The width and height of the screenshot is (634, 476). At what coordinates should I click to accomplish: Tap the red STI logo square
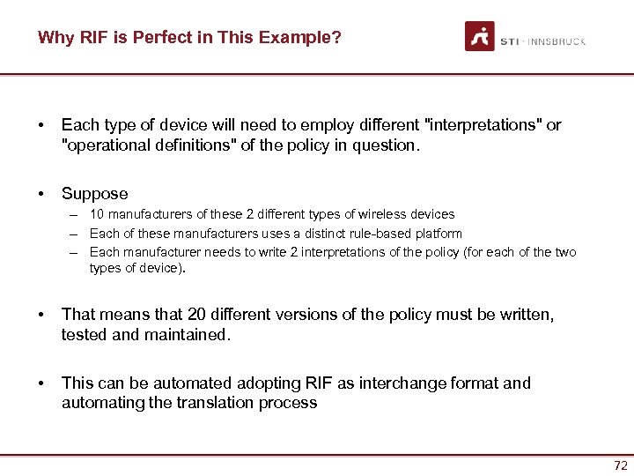point(480,36)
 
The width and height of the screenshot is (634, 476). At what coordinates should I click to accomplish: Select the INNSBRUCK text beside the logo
point(556,41)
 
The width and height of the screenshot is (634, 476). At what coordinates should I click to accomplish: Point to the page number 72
point(620,465)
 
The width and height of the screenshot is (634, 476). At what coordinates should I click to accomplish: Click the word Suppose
point(94,193)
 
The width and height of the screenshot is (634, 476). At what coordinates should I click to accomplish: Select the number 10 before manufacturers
point(97,214)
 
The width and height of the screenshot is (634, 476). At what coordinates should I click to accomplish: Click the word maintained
point(188,334)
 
